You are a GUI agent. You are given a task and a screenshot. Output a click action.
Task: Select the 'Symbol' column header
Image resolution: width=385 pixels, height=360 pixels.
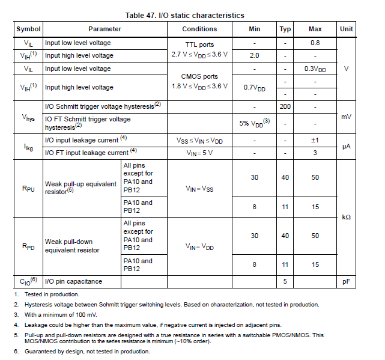28,29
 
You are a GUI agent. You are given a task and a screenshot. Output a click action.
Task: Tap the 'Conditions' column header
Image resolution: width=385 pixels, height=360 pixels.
199,29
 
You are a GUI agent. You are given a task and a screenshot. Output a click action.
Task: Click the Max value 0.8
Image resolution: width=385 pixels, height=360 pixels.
315,43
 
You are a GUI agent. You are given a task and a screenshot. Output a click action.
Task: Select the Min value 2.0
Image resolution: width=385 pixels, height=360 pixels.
255,55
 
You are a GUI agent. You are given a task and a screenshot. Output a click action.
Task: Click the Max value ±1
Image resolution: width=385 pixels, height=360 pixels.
315,141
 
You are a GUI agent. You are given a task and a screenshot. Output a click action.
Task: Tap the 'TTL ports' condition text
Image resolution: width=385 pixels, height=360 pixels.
199,44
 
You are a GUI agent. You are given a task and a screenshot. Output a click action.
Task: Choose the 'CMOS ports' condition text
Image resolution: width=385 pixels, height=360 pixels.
199,76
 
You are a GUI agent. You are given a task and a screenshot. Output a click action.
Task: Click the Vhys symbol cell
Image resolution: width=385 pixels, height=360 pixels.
28,117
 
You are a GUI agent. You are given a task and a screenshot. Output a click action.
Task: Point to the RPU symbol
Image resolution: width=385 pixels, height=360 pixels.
28,188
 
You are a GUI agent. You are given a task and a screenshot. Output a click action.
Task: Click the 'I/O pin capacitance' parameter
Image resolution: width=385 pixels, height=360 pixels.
73,281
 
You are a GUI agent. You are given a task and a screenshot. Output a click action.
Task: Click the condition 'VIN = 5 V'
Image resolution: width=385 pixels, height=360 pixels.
199,153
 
